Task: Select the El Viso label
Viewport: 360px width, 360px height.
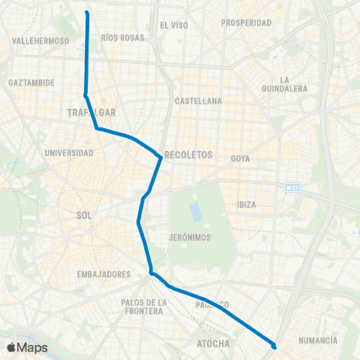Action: pos(173,25)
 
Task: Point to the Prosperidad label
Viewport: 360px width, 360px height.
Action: pos(246,23)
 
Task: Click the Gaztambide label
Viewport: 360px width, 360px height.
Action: pos(31,82)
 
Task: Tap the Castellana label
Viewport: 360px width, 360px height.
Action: pos(198,100)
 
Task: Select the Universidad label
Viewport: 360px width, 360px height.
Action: pos(69,153)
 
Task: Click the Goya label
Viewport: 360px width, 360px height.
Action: pos(240,158)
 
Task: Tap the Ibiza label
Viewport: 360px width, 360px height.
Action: pos(247,204)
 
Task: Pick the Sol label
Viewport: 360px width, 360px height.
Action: pos(84,214)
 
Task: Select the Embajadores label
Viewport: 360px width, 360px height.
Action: pos(104,274)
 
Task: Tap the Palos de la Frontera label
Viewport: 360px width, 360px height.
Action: pos(136,307)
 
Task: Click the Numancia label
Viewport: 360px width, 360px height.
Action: pos(317,340)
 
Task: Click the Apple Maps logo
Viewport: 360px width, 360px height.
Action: pos(26,347)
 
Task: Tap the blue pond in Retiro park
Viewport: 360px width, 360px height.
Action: pos(196,211)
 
